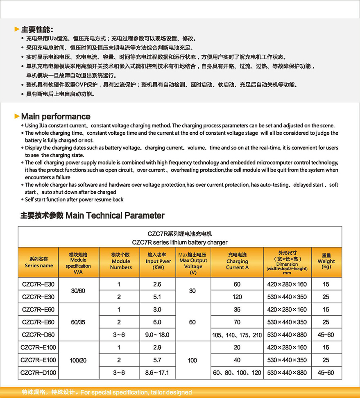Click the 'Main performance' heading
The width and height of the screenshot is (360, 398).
tap(56, 116)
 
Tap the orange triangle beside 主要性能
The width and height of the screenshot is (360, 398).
tap(17, 29)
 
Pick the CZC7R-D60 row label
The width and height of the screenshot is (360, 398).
tap(38, 335)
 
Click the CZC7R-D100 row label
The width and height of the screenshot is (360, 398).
tap(38, 373)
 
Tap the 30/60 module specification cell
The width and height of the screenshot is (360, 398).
tap(79, 290)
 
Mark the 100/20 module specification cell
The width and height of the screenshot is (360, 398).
tap(79, 360)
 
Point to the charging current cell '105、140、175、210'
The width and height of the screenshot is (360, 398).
tap(237, 335)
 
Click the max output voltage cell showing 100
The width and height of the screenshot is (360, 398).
tap(192, 360)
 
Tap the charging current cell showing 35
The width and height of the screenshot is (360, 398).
tap(237, 310)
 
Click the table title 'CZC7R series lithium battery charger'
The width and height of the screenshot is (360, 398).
tap(180, 242)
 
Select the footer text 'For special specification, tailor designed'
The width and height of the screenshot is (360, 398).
tap(136, 392)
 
